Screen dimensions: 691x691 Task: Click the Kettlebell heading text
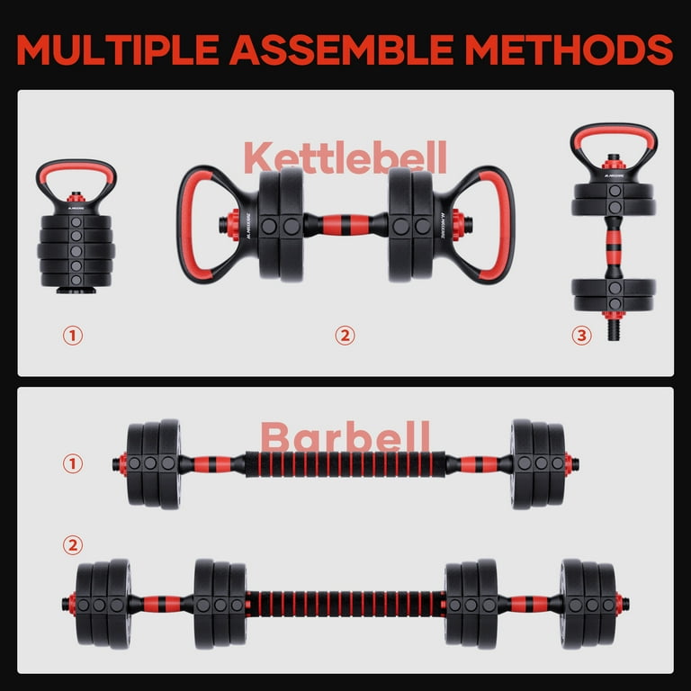click(345, 157)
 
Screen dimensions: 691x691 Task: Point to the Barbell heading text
click(345, 439)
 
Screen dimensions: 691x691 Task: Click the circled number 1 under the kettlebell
click(73, 336)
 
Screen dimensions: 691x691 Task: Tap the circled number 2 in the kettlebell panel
click(345, 336)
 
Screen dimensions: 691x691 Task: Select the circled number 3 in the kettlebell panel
click(581, 336)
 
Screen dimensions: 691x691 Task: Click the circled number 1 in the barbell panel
click(73, 464)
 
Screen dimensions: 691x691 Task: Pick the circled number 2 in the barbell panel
click(73, 545)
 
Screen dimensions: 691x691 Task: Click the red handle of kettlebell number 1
click(76, 168)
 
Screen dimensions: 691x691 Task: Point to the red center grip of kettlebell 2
click(345, 225)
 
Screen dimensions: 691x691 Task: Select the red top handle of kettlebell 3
click(614, 134)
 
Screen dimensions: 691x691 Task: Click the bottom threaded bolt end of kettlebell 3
click(614, 328)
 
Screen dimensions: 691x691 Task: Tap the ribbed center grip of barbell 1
click(345, 464)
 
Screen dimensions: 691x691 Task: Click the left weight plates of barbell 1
click(153, 464)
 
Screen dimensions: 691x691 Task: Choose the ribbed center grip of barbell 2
click(345, 603)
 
